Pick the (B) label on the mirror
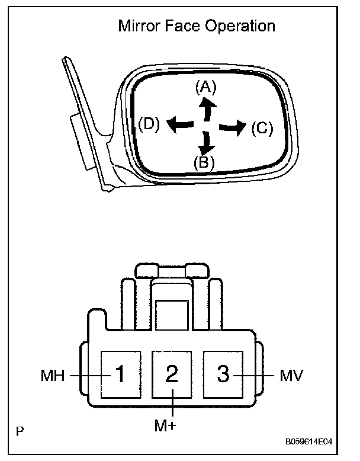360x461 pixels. coord(204,161)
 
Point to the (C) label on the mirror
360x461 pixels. coord(262,129)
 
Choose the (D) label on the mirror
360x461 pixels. coord(149,124)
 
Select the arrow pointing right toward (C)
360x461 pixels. coord(232,126)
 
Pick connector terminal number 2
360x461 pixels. coord(172,374)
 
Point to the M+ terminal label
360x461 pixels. coord(172,426)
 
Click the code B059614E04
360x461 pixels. coord(318,441)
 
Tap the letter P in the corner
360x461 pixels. coord(20,431)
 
